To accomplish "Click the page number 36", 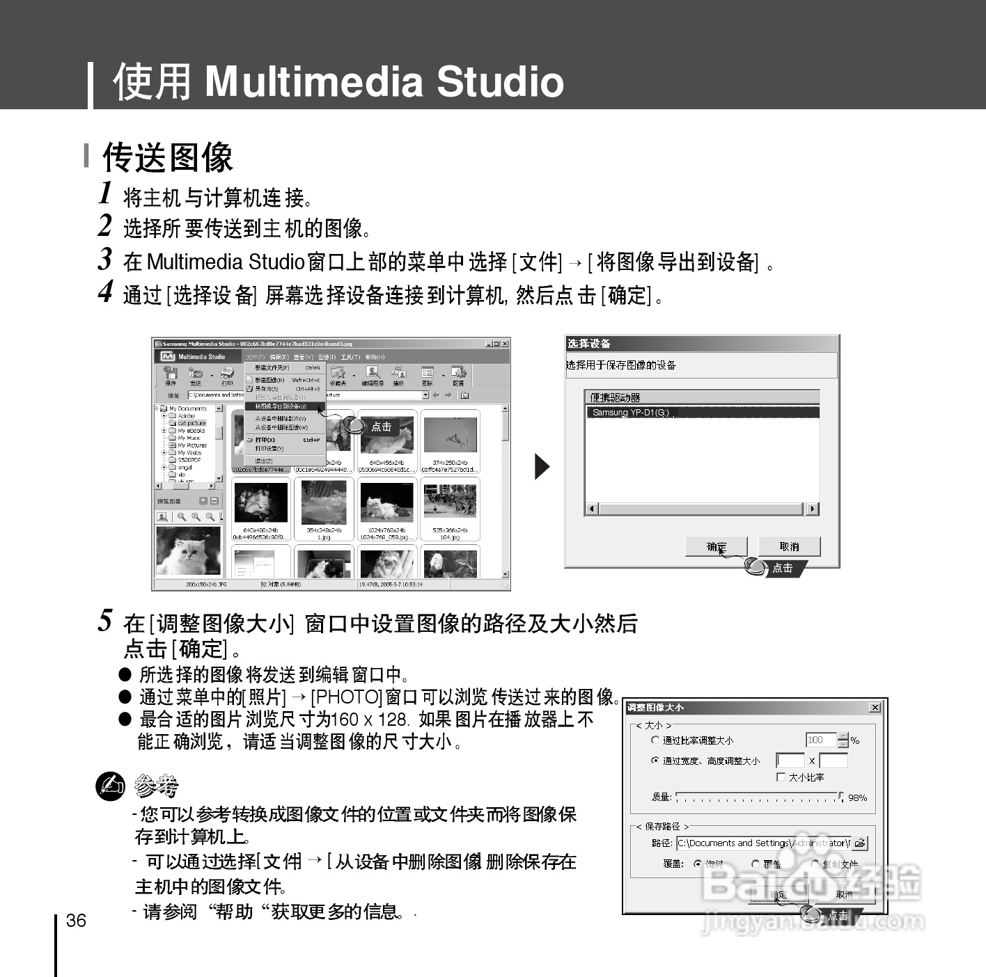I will pyautogui.click(x=76, y=921).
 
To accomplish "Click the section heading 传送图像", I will pyautogui.click(x=167, y=157).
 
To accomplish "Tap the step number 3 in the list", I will pyautogui.click(x=104, y=259).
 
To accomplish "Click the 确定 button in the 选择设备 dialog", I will pyautogui.click(x=716, y=547).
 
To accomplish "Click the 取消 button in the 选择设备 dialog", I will pyautogui.click(x=789, y=547).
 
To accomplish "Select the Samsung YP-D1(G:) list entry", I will pyautogui.click(x=631, y=413).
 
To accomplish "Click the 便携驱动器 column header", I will pyautogui.click(x=616, y=397).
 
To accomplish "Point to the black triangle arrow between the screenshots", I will pyautogui.click(x=541, y=466).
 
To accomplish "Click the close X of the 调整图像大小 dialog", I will pyautogui.click(x=875, y=708).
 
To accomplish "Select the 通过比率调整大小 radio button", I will pyautogui.click(x=655, y=740).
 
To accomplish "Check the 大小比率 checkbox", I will pyautogui.click(x=781, y=777).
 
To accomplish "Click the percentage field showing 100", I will pyautogui.click(x=820, y=740).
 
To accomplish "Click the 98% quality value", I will pyautogui.click(x=857, y=798).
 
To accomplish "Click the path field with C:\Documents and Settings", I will pyautogui.click(x=762, y=843).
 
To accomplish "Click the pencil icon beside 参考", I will pyautogui.click(x=110, y=786).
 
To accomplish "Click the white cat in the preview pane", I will pyautogui.click(x=187, y=550).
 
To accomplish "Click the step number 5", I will pyautogui.click(x=105, y=620).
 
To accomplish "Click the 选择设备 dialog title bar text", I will pyautogui.click(x=589, y=344).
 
